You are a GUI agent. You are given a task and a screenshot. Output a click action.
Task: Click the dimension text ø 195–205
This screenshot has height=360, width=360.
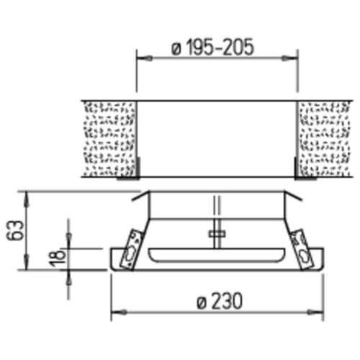point(212,47)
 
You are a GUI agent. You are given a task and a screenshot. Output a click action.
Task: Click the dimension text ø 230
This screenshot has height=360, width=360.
point(220,301)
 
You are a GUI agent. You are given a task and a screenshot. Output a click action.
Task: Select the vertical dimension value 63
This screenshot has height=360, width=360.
point(15,230)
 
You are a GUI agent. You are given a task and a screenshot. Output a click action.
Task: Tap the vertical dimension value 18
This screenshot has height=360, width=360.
point(58,258)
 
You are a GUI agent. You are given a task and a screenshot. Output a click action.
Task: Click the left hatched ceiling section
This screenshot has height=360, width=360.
point(110,139)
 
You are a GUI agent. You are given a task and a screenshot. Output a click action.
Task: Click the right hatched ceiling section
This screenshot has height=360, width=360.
point(324,139)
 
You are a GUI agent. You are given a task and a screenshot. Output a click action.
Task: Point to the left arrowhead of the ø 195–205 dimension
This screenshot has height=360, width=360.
point(144,58)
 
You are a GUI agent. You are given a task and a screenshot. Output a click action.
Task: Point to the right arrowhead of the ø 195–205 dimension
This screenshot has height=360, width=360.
point(289,58)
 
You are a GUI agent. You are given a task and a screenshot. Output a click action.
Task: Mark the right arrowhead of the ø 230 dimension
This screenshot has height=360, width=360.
point(315,312)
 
